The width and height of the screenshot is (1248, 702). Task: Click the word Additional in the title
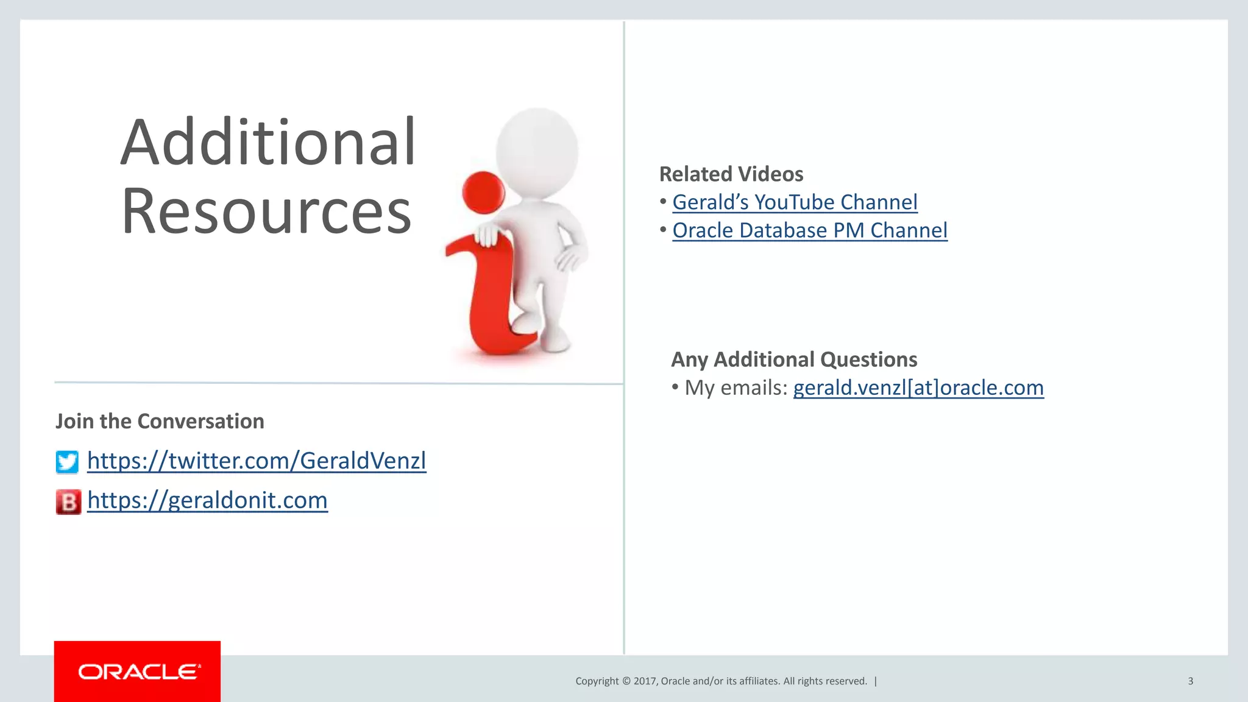click(x=268, y=143)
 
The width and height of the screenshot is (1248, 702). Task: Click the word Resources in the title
click(x=266, y=211)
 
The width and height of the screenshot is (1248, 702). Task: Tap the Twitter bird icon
click(x=67, y=462)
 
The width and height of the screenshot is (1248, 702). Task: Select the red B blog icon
click(x=68, y=502)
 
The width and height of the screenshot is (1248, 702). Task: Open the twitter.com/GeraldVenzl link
click(x=257, y=461)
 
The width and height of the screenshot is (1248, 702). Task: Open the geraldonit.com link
click(x=207, y=500)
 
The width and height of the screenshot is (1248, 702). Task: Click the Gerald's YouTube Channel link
click(x=795, y=202)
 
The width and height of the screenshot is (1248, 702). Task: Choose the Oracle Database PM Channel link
click(x=810, y=230)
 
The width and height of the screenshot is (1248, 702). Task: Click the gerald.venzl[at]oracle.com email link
click(x=918, y=388)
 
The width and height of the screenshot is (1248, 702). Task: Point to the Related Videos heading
click(x=731, y=174)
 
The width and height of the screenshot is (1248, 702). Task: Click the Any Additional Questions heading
click(x=794, y=360)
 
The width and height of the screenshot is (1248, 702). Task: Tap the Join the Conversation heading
click(x=160, y=421)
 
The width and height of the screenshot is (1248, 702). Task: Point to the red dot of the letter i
click(x=483, y=192)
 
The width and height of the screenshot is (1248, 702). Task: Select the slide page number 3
click(x=1190, y=681)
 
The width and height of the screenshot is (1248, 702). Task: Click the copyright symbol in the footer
click(x=626, y=681)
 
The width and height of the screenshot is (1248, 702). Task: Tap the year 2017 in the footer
click(x=645, y=681)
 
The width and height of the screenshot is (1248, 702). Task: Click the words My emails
click(x=736, y=388)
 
